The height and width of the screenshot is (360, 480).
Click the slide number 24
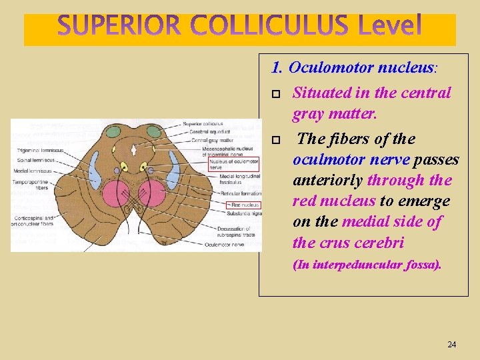click(452, 344)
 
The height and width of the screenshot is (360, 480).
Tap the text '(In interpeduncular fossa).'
click(367, 265)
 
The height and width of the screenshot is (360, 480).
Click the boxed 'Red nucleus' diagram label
click(243, 205)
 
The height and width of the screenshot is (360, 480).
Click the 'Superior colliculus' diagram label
click(203, 124)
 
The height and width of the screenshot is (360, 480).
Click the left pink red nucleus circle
click(118, 194)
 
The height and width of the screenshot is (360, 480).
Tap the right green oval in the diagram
click(155, 132)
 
